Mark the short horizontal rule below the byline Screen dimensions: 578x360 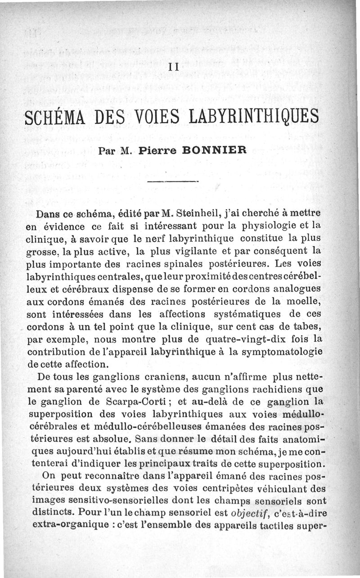coord(173,181)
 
